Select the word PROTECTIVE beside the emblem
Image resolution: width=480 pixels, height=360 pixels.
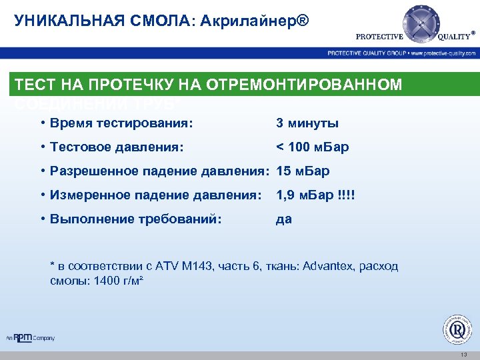pos(380,37)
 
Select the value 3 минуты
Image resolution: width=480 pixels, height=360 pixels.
pos(307,123)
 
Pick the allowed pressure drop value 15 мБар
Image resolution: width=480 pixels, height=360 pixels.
pos(303,171)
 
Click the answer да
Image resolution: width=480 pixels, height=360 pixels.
pos(284,219)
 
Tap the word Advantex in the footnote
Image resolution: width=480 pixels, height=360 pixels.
pos(327,267)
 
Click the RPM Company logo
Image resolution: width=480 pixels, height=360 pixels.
pos(31,337)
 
